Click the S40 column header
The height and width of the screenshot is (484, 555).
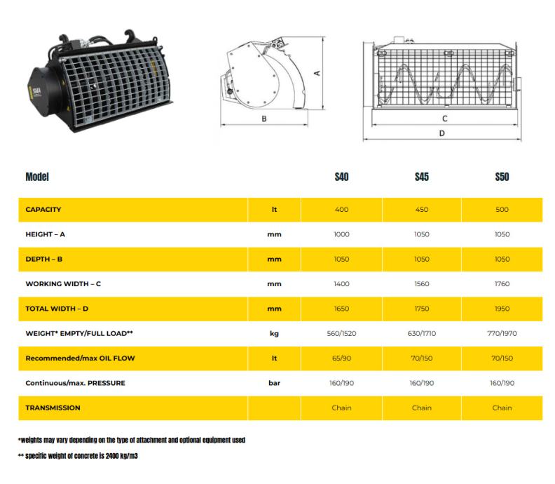[341, 177]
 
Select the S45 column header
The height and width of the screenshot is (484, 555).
[421, 177]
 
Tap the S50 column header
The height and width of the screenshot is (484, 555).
[502, 177]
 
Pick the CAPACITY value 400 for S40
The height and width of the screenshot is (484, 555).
[341, 210]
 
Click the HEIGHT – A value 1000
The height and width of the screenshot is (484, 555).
[341, 234]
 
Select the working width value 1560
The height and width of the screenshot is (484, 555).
[421, 284]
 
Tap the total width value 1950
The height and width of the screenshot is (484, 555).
[502, 309]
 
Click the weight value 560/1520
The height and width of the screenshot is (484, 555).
[341, 333]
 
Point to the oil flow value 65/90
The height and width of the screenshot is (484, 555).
[341, 358]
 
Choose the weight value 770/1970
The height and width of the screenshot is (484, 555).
[502, 333]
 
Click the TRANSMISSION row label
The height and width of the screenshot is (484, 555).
[53, 408]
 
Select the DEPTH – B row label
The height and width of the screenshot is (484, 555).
[44, 259]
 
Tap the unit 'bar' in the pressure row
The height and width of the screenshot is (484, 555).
[274, 383]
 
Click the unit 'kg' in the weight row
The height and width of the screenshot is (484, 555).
[274, 333]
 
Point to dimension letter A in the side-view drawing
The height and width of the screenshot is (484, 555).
[317, 72]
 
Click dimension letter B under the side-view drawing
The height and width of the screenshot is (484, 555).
[264, 119]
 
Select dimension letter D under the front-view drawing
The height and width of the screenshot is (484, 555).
[441, 132]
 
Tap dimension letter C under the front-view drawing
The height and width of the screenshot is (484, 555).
[444, 119]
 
